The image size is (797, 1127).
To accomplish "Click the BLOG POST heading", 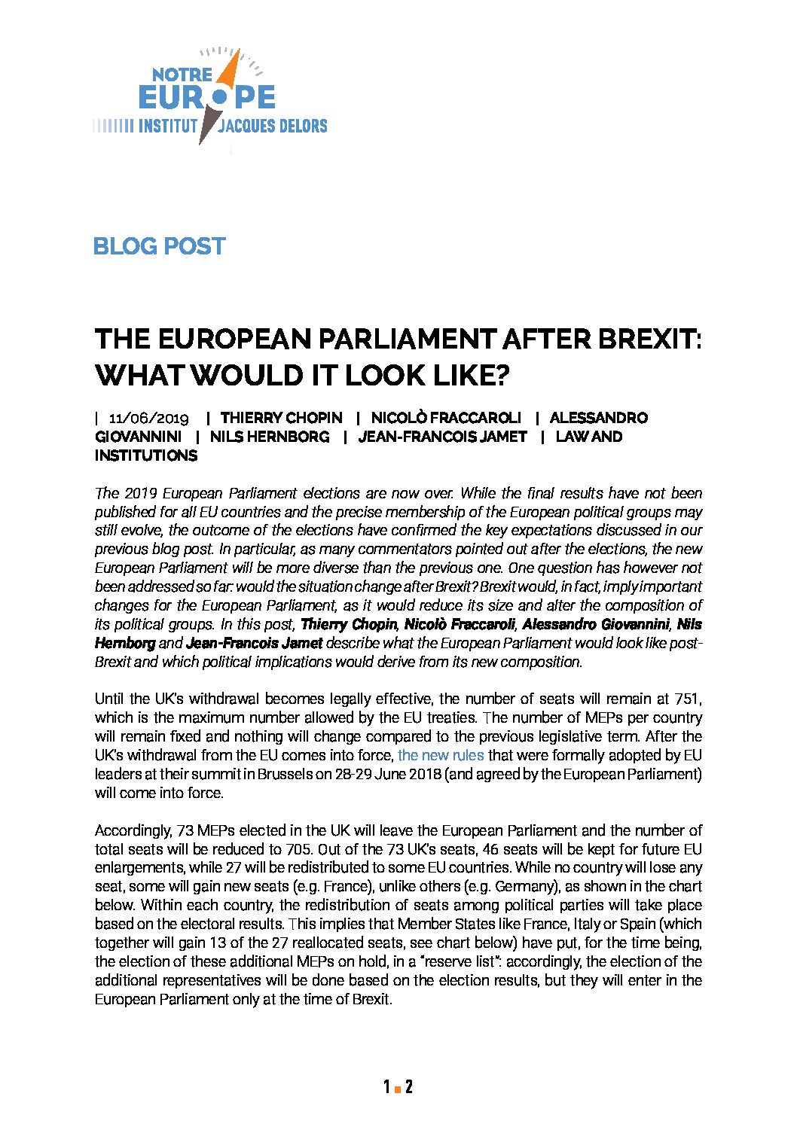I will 159,246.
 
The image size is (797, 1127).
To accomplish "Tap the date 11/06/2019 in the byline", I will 148,418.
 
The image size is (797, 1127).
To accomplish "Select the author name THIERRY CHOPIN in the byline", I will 281,418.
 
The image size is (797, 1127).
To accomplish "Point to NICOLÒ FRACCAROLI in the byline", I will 446,418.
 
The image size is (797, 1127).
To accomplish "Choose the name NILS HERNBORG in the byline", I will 269,437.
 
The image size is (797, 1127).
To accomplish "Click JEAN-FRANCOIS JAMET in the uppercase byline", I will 442,437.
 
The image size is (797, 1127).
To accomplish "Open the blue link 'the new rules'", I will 441,755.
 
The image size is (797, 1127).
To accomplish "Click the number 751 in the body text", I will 686,699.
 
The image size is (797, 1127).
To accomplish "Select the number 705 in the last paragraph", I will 304,849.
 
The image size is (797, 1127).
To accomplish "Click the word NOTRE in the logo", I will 182,75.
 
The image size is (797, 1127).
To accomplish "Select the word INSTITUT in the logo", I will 167,126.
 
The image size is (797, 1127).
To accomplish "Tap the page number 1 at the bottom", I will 386,1086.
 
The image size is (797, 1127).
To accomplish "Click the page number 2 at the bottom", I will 408,1086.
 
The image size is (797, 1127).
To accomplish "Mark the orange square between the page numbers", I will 397,1089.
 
